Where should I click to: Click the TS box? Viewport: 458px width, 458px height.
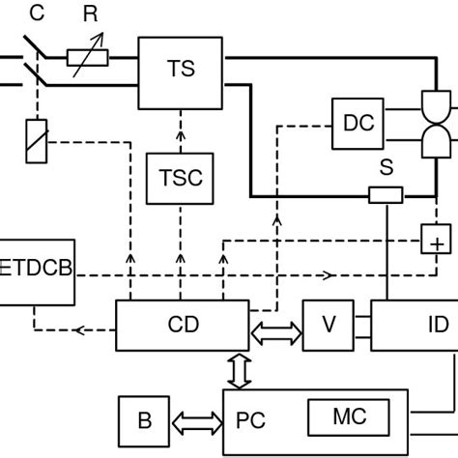pyautogui.click(x=181, y=69)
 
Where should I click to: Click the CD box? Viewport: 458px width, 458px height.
pyautogui.click(x=181, y=325)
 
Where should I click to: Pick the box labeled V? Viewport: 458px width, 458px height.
pyautogui.click(x=329, y=325)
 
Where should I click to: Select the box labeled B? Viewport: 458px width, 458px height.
pyautogui.click(x=144, y=421)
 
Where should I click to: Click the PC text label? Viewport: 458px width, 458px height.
pyautogui.click(x=251, y=421)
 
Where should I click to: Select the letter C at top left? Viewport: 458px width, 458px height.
pyautogui.click(x=37, y=14)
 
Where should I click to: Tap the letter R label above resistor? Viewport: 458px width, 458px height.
pyautogui.click(x=90, y=14)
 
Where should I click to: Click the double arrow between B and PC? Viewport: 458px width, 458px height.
pyautogui.click(x=198, y=421)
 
